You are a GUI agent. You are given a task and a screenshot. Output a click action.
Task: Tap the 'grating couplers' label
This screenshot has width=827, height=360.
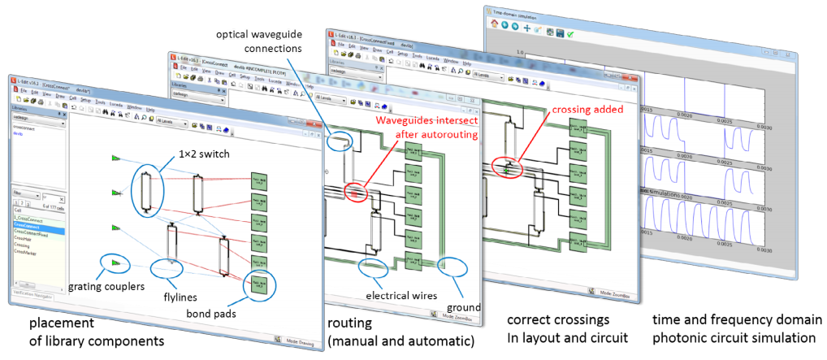pyautogui.click(x=106, y=285)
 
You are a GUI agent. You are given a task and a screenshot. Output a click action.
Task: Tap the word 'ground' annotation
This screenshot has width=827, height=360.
pyautogui.click(x=465, y=308)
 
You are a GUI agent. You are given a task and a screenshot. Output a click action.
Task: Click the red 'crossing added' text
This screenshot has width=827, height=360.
pyautogui.click(x=583, y=109)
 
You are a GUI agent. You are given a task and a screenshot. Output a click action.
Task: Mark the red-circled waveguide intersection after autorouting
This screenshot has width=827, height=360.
pyautogui.click(x=355, y=193)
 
